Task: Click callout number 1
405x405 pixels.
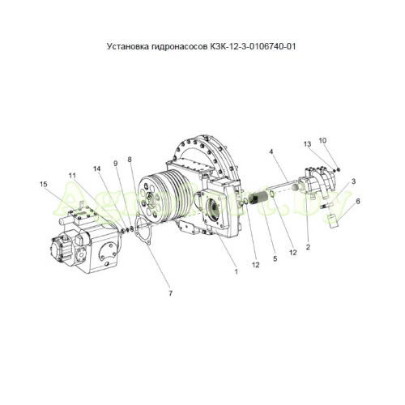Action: point(237,271)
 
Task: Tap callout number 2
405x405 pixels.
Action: point(308,247)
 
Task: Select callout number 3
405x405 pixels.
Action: point(353,181)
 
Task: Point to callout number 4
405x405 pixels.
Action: point(271,151)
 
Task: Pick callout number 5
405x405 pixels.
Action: point(275,258)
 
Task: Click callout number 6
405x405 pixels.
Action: point(358,201)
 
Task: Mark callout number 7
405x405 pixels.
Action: point(170,293)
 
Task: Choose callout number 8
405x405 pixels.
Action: point(130,160)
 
